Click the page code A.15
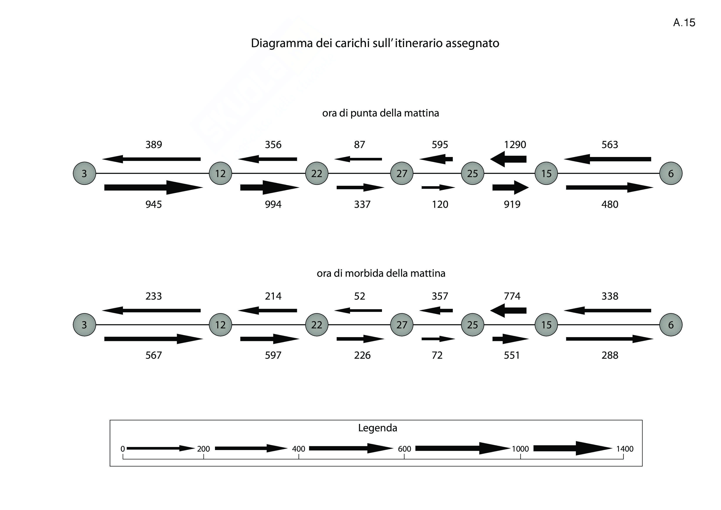click(x=684, y=23)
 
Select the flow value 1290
click(x=515, y=145)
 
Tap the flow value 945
click(x=153, y=205)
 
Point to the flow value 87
click(x=360, y=145)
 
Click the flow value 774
click(x=512, y=296)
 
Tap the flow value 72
click(x=437, y=355)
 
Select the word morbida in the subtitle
click(x=364, y=273)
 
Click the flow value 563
click(x=610, y=145)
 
